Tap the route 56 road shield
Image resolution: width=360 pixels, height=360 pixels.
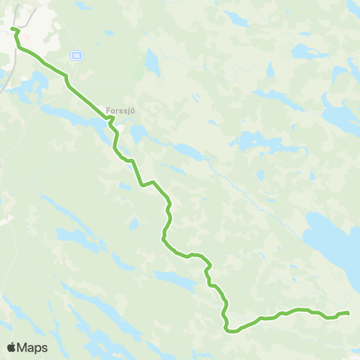(x=77, y=55)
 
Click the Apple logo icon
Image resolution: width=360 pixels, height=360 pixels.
(x=11, y=347)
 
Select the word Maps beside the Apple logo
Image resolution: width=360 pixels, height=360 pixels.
(x=32, y=347)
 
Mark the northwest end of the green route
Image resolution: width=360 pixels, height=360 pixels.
(x=13, y=29)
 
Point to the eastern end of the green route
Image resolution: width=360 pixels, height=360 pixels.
(x=348, y=313)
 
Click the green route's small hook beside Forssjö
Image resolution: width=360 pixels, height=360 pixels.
(x=111, y=118)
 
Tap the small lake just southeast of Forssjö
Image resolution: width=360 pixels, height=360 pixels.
(x=138, y=133)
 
